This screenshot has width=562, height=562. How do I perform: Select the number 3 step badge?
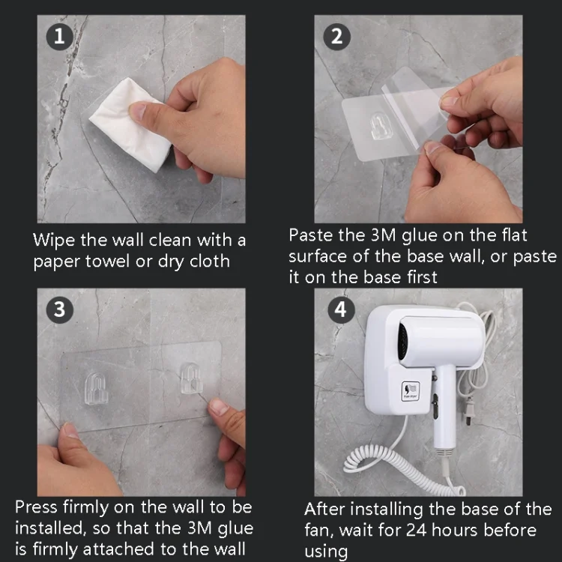(60, 310)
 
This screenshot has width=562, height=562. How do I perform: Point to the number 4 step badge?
(342, 310)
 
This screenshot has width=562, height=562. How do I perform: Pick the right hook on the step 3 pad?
(192, 378)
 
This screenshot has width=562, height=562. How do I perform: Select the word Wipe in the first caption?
(53, 241)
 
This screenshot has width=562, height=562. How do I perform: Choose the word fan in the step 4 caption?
(319, 531)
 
